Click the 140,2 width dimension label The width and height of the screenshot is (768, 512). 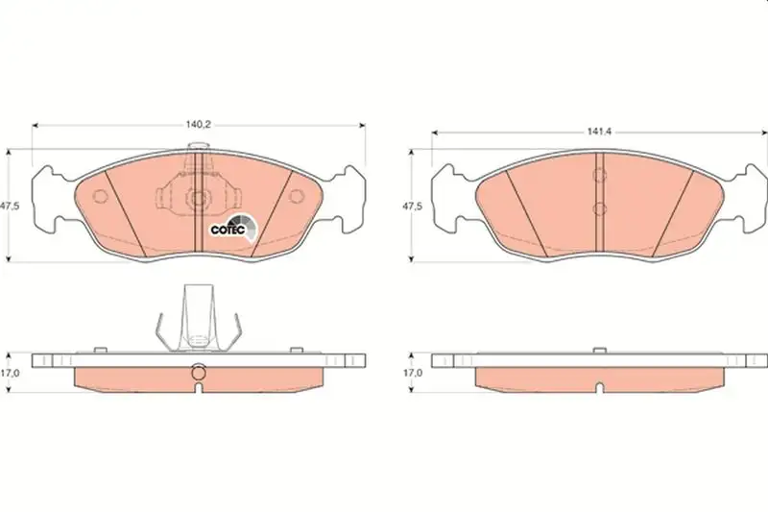(x=198, y=125)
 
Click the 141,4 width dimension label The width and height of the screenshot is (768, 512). (x=599, y=132)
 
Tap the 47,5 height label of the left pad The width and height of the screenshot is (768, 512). (x=10, y=207)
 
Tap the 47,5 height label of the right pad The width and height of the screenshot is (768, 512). (x=412, y=207)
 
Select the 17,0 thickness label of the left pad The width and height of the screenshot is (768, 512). (x=10, y=373)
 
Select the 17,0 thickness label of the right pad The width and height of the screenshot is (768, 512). (x=413, y=373)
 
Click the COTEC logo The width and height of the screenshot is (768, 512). (x=233, y=229)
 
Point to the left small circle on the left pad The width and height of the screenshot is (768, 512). (x=100, y=197)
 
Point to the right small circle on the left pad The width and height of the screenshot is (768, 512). (x=297, y=197)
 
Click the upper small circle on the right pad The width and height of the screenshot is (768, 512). (x=599, y=175)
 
